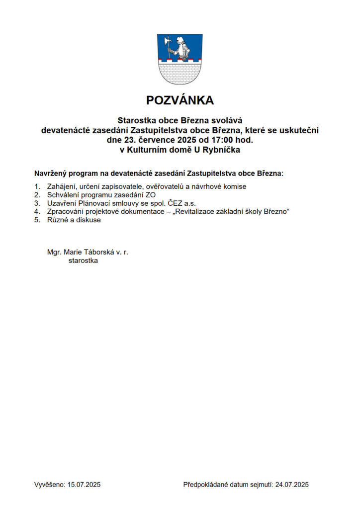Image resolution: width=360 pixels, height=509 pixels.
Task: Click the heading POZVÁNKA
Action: [180, 100]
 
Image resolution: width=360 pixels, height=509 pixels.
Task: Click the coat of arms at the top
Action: [180, 59]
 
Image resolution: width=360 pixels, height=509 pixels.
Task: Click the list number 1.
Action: [37, 186]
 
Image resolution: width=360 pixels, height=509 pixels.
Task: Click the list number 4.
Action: [37, 212]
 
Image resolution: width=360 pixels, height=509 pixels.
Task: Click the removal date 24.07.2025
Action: [293, 484]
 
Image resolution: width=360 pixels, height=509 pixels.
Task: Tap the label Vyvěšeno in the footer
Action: [49, 484]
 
